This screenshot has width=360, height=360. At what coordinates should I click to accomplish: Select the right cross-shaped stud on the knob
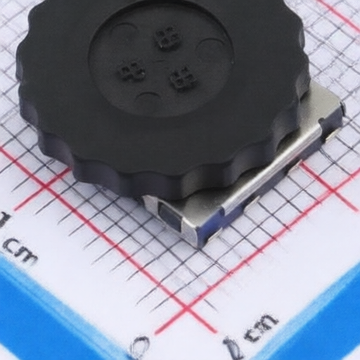[x=182, y=78]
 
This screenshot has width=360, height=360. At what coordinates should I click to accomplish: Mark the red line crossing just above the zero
[x=186, y=309]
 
